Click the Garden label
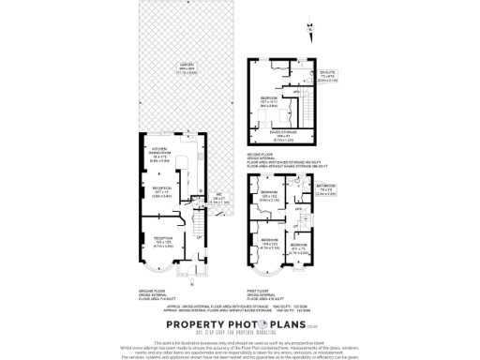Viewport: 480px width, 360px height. (172, 67)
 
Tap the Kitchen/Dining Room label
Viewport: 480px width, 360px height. (157, 157)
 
